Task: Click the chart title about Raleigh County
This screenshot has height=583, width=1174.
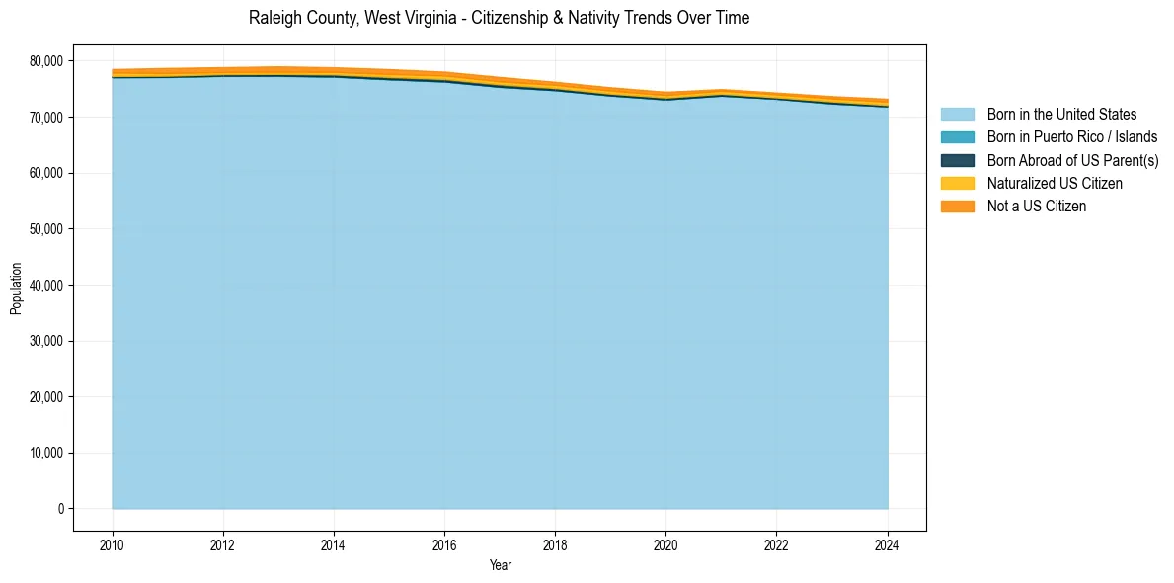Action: (499, 18)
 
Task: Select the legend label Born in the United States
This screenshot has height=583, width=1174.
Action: (1061, 115)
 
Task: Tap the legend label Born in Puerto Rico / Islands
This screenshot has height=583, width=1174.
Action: (1072, 137)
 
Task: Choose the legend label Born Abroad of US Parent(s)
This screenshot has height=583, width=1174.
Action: (1072, 160)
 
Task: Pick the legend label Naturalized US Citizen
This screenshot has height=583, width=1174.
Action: (1055, 184)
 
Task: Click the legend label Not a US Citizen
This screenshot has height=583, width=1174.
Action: (1037, 207)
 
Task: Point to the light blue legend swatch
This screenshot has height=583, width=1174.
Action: (957, 115)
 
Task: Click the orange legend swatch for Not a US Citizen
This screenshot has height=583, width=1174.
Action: (957, 207)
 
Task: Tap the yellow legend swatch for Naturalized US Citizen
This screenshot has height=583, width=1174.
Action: (957, 184)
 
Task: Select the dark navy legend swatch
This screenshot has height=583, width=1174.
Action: (957, 160)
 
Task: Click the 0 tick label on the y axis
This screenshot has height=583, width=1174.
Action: (59, 509)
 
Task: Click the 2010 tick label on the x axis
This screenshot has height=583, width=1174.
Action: (113, 543)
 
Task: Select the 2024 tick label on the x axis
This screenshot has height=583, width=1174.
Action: (888, 543)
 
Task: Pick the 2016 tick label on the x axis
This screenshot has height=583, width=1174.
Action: (444, 543)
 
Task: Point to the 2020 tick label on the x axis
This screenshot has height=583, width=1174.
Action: (666, 543)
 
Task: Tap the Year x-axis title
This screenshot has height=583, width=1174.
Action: (500, 566)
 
